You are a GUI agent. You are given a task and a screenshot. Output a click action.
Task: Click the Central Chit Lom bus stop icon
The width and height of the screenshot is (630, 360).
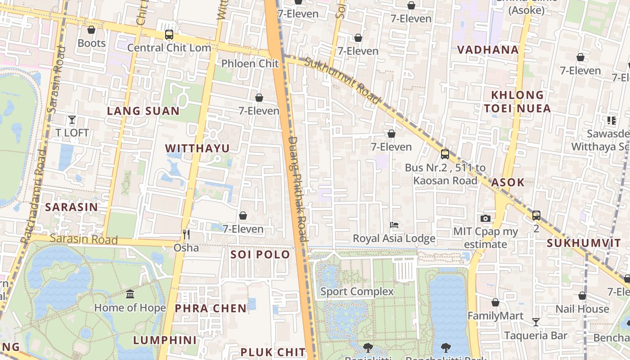[x=169, y=35]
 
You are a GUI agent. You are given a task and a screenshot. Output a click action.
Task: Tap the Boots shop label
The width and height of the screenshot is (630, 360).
[x=92, y=43]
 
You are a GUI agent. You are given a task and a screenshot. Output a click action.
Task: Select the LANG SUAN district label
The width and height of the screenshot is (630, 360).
[x=143, y=111]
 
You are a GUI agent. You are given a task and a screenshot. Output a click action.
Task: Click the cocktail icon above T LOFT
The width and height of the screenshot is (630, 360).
[x=72, y=120]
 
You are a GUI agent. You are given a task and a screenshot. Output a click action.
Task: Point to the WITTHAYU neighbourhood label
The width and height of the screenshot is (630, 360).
[x=197, y=148]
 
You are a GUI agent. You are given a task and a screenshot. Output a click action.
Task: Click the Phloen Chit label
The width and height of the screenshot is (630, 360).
[x=250, y=63]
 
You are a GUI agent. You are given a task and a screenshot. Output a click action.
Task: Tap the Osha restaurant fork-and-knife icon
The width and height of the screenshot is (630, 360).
[x=186, y=234]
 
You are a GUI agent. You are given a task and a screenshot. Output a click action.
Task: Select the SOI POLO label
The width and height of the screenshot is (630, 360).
[x=260, y=254]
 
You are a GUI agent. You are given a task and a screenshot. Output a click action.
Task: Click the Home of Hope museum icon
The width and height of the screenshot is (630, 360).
[x=130, y=294]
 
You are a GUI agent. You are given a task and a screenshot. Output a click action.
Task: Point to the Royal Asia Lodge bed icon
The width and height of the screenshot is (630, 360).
[x=394, y=225]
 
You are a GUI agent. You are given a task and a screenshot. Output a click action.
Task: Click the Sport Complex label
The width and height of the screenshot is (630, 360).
[x=357, y=292]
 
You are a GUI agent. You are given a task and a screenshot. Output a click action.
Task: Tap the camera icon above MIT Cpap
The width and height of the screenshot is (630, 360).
[x=486, y=219]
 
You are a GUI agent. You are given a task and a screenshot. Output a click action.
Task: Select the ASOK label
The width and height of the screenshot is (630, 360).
[x=508, y=182]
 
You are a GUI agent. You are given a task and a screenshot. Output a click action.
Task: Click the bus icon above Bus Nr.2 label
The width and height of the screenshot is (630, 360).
[x=445, y=154]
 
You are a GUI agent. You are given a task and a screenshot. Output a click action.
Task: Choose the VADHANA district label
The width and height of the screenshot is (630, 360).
[x=488, y=49]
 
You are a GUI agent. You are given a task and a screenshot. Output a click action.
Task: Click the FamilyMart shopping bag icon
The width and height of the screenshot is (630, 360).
[x=495, y=302]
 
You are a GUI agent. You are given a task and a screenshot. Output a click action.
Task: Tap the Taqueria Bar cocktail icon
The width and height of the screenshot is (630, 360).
[x=535, y=322]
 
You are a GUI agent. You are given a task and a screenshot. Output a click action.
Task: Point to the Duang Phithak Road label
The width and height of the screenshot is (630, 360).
[x=297, y=189]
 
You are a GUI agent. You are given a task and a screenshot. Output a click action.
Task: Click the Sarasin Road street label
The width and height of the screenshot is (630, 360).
[x=83, y=238]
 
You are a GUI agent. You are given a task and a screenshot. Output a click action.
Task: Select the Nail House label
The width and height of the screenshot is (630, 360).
[x=582, y=309]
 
